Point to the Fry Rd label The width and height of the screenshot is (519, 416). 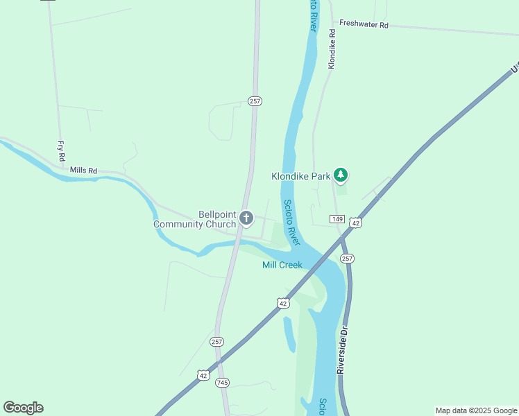click(61, 150)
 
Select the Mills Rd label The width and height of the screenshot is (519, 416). click(83, 170)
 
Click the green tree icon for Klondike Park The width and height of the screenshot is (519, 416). click(340, 175)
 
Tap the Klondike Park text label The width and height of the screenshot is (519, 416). click(300, 176)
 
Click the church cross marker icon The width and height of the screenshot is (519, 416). click(246, 219)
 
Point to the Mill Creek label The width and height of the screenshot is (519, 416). click(282, 266)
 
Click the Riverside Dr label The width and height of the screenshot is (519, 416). click(341, 350)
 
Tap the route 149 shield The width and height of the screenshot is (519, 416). click(337, 219)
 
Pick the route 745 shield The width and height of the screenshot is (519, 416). click(222, 383)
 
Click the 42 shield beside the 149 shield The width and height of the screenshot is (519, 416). click(355, 223)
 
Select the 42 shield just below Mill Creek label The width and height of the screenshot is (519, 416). click(282, 303)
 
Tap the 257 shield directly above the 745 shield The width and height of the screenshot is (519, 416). click(217, 342)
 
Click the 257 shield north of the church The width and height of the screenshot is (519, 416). click(255, 101)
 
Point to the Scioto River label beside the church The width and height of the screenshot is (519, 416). click(291, 222)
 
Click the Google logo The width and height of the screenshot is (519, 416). click(23, 408)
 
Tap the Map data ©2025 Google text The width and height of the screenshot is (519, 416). click(476, 410)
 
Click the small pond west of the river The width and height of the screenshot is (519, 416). click(289, 333)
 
